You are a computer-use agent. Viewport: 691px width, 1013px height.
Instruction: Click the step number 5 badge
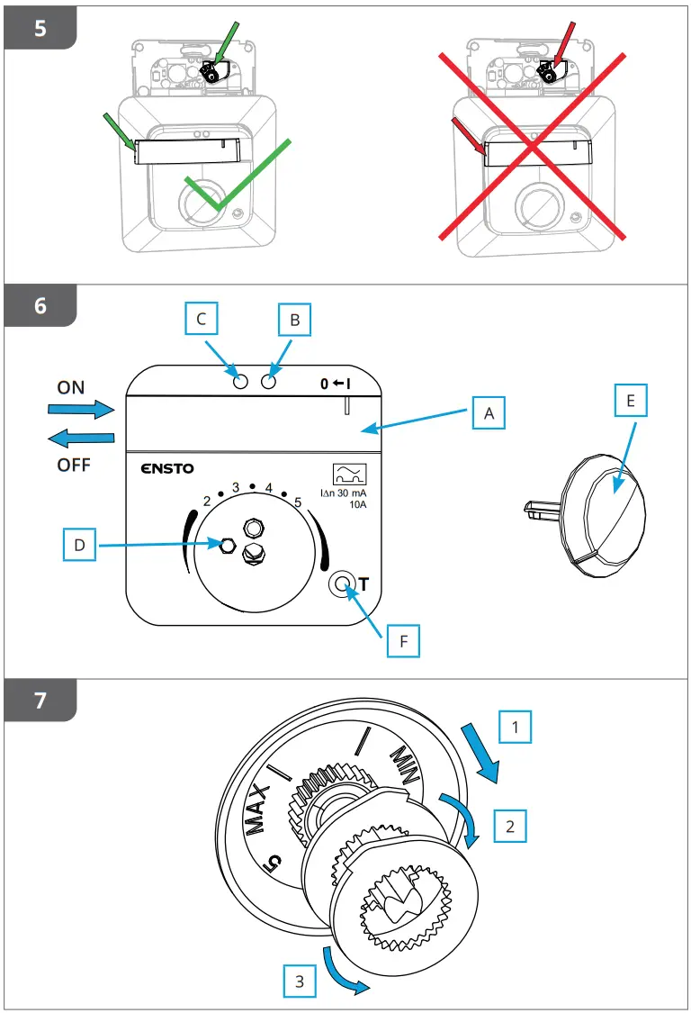click(x=40, y=27)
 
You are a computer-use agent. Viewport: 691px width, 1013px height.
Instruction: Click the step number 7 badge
click(x=40, y=701)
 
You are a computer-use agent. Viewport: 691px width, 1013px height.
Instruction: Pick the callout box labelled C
click(x=202, y=320)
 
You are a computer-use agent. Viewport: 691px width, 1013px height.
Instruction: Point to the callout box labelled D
click(x=79, y=545)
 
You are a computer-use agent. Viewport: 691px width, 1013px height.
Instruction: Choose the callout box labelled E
click(x=631, y=401)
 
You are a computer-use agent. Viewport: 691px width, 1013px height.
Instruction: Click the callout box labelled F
click(x=404, y=643)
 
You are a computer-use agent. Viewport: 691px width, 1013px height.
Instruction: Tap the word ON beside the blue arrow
click(x=70, y=387)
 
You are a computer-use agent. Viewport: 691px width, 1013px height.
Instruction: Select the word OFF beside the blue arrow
click(x=74, y=465)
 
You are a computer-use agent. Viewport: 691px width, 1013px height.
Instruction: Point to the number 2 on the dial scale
click(x=207, y=500)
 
